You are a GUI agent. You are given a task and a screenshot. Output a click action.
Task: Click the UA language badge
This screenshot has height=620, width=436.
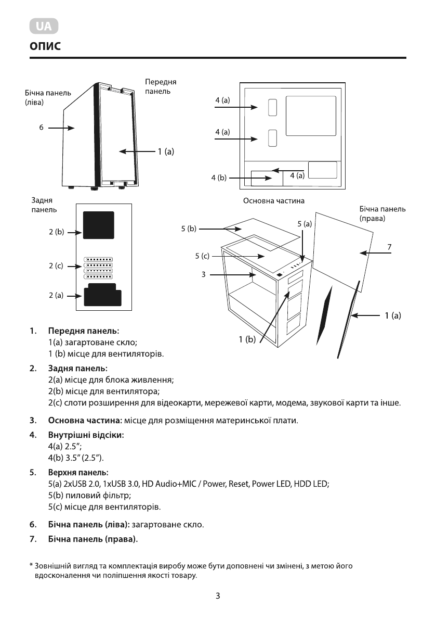pyautogui.click(x=44, y=26)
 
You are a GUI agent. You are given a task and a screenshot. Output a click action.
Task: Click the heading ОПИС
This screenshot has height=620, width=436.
pyautogui.click(x=45, y=47)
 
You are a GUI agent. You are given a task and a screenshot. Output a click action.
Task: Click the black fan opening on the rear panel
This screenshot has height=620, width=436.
pyautogui.click(x=99, y=224)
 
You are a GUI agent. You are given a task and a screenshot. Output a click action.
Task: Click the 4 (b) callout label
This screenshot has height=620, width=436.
pyautogui.click(x=219, y=178)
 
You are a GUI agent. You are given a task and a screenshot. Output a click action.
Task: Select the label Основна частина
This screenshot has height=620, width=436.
pyautogui.click(x=273, y=200)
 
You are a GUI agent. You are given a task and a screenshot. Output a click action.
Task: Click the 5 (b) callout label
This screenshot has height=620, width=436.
pyautogui.click(x=189, y=228)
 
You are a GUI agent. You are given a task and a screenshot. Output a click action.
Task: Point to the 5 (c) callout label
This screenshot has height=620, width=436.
pyautogui.click(x=202, y=256)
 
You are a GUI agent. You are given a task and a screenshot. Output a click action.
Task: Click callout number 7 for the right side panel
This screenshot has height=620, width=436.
pyautogui.click(x=389, y=246)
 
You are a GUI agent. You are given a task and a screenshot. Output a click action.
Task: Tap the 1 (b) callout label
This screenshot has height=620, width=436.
pyautogui.click(x=247, y=340)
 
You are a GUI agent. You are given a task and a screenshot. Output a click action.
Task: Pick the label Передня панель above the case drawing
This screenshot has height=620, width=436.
pyautogui.click(x=161, y=86)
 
